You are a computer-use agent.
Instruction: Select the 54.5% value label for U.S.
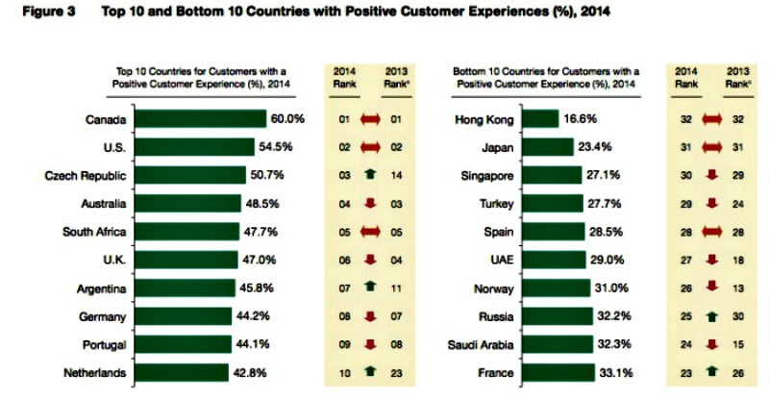coord(273,147)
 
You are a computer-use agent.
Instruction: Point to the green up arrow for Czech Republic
coord(370,176)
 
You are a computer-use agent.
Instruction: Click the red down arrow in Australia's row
coord(370,204)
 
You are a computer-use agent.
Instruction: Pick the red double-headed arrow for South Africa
coord(370,232)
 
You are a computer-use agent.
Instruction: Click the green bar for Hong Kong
coord(542,119)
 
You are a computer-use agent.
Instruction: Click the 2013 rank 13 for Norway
coord(736,288)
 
